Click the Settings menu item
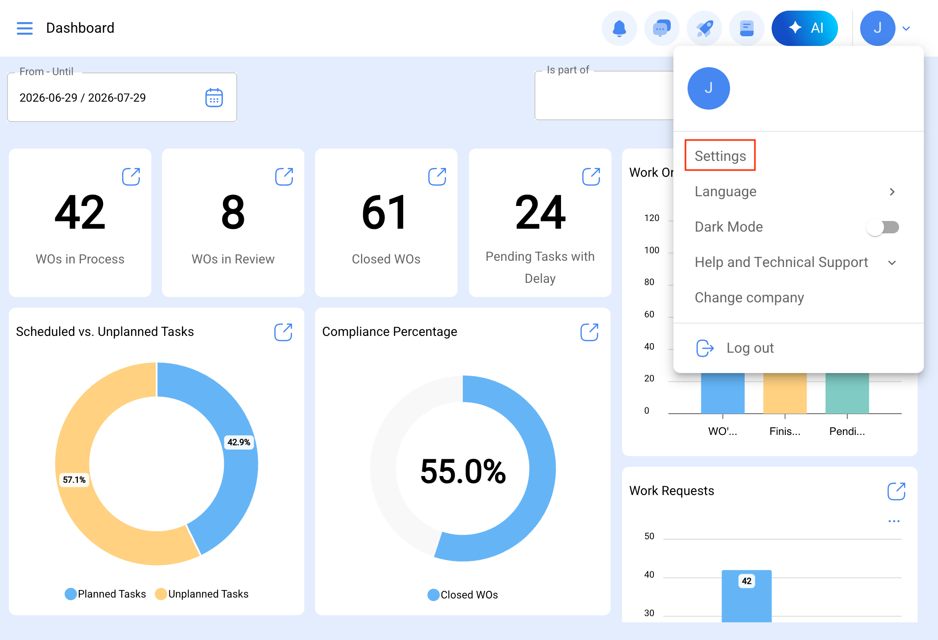(720, 156)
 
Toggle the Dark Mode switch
(883, 227)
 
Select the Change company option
(749, 297)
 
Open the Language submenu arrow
(892, 192)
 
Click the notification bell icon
(619, 28)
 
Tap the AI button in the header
(805, 28)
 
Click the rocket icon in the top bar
(704, 28)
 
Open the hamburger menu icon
(25, 28)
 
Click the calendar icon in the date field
(214, 97)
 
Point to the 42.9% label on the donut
(239, 442)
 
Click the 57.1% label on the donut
(74, 480)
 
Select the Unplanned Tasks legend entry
(202, 594)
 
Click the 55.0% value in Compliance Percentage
(463, 471)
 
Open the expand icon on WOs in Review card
(284, 177)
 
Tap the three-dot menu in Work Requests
(894, 521)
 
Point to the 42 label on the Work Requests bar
(747, 581)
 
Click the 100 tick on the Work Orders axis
(652, 250)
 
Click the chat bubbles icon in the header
(662, 28)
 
